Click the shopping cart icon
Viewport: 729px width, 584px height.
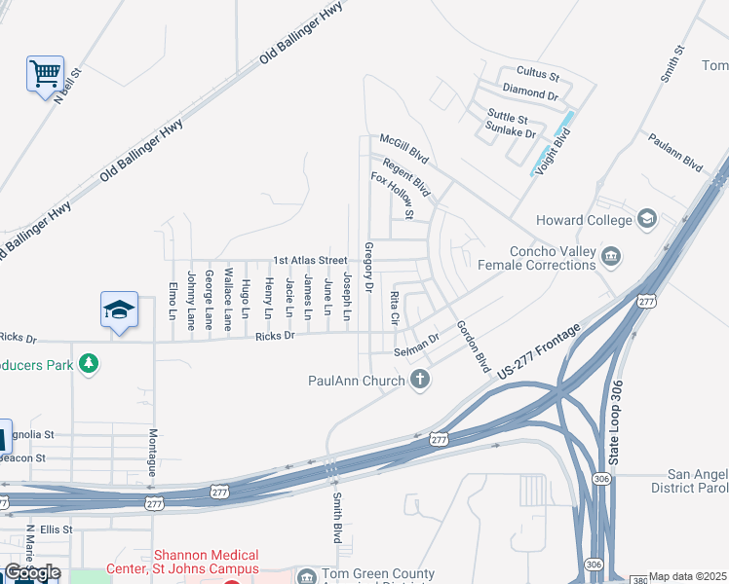point(45,74)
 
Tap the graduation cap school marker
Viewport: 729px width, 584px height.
point(119,310)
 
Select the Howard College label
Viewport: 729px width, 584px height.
point(582,221)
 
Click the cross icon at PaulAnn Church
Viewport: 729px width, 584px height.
point(420,379)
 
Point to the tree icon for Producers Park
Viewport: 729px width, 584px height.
point(89,363)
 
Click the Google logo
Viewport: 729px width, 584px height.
point(32,572)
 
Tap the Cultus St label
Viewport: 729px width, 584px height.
point(537,74)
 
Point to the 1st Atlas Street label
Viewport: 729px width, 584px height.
point(310,260)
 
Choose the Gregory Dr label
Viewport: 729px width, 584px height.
point(368,268)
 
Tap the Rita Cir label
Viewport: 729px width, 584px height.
point(395,307)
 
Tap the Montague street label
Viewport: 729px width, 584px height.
point(152,453)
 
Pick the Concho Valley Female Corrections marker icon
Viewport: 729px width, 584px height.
point(611,256)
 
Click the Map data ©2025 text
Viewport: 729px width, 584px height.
point(688,576)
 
